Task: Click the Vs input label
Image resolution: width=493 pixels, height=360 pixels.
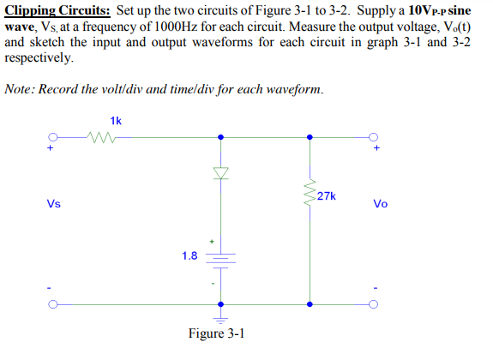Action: point(54,204)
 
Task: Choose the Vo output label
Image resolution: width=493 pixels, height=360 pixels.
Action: point(381,204)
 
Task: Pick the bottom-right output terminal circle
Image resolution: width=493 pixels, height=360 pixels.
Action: point(375,304)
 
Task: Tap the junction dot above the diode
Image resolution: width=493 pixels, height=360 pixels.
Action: point(222,136)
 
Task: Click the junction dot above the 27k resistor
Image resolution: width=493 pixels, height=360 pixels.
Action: point(310,136)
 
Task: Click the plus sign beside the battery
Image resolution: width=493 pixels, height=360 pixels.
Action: point(206,240)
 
